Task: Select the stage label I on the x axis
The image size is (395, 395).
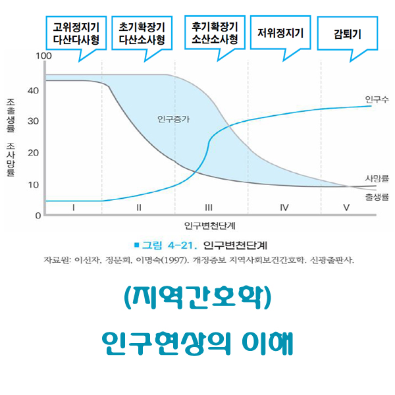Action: coord(74,207)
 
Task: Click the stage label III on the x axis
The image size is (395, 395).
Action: coord(209,207)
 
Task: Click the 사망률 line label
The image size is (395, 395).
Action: coord(377,179)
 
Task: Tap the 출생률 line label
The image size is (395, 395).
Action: coord(377,196)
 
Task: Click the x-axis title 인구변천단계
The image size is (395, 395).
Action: coord(210,226)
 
